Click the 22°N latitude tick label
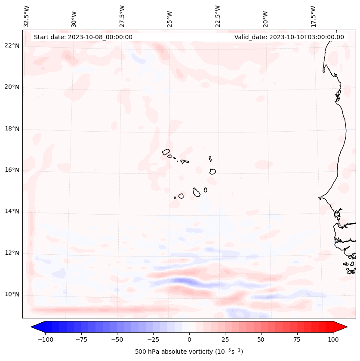point(12,46)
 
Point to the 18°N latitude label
point(12,129)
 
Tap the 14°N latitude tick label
point(12,211)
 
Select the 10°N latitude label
point(12,294)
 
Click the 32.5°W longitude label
point(27,16)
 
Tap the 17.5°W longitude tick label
point(314,16)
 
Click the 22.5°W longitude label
point(218,16)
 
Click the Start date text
point(83,37)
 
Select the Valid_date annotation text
point(289,37)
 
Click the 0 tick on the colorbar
point(189,339)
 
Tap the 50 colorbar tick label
point(261,339)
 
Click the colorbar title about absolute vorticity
point(189,352)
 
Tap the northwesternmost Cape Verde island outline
point(166,152)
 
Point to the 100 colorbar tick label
point(333,339)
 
